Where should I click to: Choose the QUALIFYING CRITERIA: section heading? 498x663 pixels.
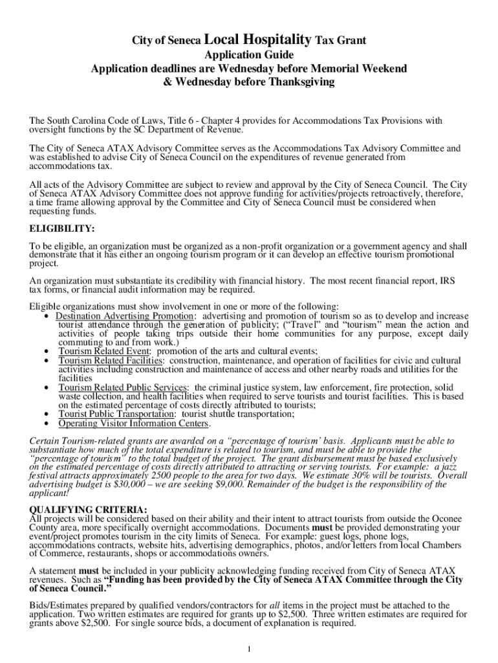pyautogui.click(x=89, y=510)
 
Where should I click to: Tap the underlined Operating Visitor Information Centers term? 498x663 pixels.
pyautogui.click(x=134, y=423)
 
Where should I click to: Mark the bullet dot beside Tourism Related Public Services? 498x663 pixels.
pyautogui.click(x=47, y=387)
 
